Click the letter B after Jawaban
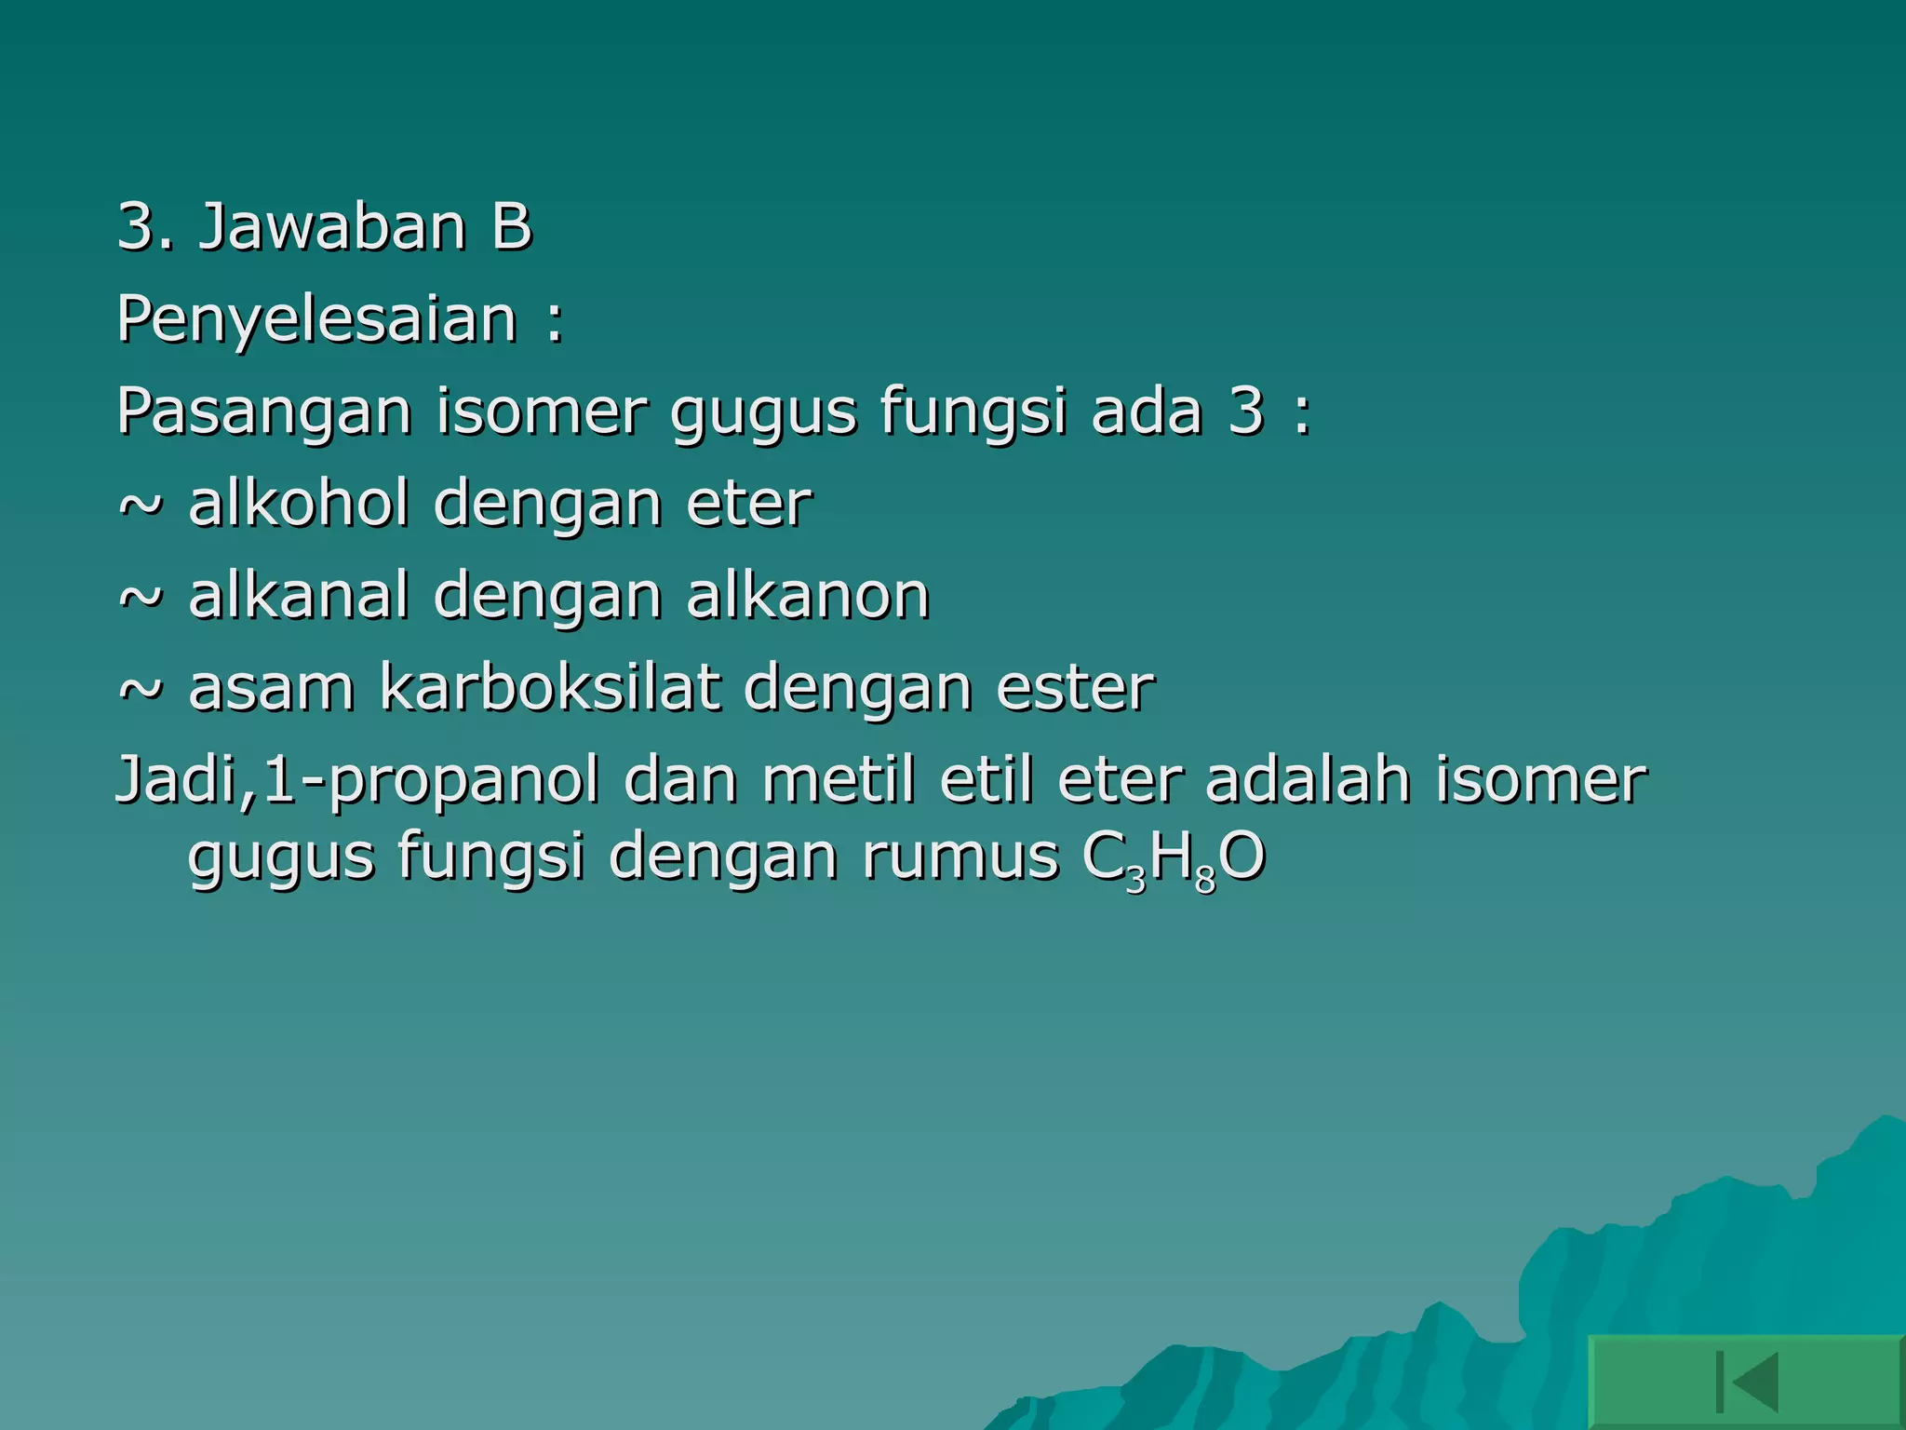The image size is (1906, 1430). pos(511,227)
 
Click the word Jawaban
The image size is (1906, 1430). pos(332,227)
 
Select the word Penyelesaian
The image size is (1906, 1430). pos(316,320)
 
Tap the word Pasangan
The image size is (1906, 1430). pos(264,412)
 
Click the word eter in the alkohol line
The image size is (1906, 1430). pos(749,504)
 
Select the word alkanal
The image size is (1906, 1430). pos(299,596)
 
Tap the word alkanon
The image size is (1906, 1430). pos(808,596)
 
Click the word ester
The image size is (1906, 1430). pos(1075,688)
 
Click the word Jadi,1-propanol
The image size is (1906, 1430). pos(357,781)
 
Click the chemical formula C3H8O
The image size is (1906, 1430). pos(1174,858)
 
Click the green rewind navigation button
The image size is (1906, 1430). pos(1746,1382)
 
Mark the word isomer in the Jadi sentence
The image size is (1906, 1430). pos(1540,779)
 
